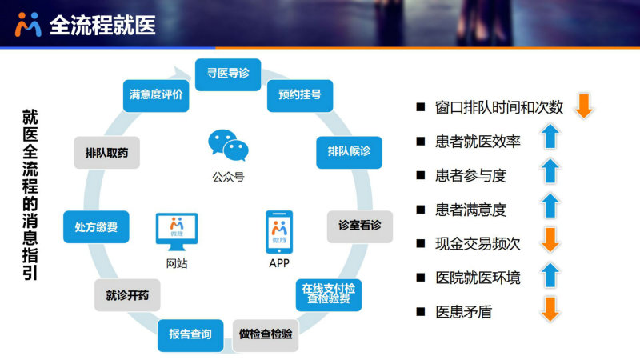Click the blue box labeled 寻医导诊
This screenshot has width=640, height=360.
pos(228,74)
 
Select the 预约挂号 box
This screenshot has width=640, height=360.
pos(300,95)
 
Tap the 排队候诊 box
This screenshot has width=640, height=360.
pos(349,152)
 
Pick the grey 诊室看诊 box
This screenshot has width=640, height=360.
pos(359,226)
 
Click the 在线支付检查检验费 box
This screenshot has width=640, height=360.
pos(329,294)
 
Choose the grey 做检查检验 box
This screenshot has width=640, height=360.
pos(266,335)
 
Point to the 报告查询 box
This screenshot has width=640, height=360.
pos(190,335)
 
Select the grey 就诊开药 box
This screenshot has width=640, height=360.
pos(127,295)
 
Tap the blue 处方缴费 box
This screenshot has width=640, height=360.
pos(96,227)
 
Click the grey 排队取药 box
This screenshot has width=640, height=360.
pos(106,153)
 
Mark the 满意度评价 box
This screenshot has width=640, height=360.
pos(156,95)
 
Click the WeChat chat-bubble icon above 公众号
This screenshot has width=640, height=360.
pos(228,145)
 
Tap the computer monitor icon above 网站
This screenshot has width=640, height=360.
pos(177,231)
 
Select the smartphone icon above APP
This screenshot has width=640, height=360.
pos(279,232)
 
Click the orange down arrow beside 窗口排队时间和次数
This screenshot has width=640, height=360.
pos(584,106)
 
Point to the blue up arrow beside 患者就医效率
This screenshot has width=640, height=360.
pos(550,136)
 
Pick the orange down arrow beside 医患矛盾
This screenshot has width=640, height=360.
pos(550,309)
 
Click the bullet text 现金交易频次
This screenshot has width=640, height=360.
pos(478,244)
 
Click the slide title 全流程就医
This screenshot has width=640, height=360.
pos(102,25)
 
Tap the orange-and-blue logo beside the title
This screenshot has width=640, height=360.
pos(28,25)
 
